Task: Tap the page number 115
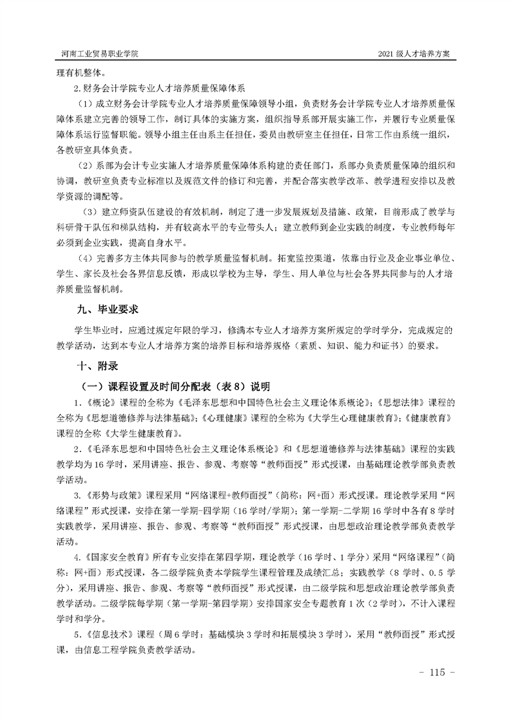(x=436, y=672)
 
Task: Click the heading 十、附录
(x=97, y=365)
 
